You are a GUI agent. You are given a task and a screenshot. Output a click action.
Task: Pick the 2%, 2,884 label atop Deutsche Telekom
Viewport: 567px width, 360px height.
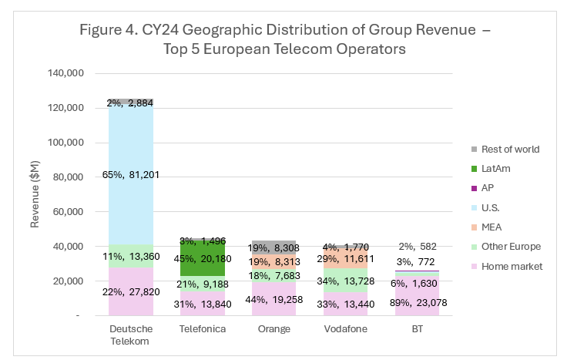130,103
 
